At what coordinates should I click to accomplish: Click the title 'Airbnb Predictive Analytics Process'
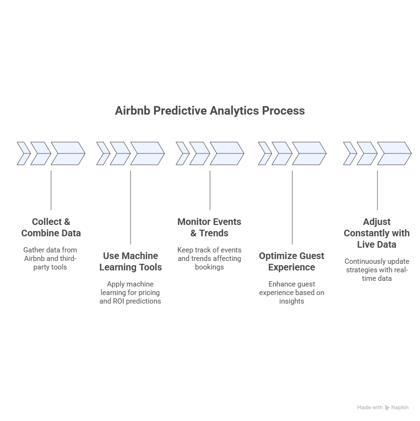(x=210, y=111)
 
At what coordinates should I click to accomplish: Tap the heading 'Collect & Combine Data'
(x=51, y=227)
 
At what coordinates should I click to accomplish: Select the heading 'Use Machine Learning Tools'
(x=131, y=261)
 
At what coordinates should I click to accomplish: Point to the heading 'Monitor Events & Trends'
(x=209, y=227)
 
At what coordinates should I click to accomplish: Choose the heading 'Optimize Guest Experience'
(x=291, y=261)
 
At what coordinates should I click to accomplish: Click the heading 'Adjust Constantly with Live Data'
(x=376, y=233)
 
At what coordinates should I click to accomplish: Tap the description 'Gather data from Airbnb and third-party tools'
(x=50, y=259)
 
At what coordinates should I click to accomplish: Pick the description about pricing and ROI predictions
(x=131, y=293)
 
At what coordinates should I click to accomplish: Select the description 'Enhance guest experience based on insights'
(x=291, y=293)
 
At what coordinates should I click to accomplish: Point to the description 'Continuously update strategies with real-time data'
(x=377, y=270)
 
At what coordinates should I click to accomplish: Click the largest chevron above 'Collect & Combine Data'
(x=68, y=153)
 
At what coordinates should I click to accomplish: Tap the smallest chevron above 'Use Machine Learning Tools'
(x=103, y=153)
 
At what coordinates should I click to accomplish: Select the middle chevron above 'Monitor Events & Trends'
(x=200, y=153)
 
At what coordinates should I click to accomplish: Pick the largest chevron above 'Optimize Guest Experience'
(x=309, y=153)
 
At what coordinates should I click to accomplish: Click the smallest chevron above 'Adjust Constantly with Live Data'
(x=350, y=153)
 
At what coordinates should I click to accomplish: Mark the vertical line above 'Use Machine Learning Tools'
(x=131, y=207)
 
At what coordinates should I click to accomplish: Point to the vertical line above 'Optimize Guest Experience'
(x=292, y=207)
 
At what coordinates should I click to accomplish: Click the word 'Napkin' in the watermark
(x=400, y=407)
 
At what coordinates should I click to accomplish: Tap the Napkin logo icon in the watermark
(x=387, y=408)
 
